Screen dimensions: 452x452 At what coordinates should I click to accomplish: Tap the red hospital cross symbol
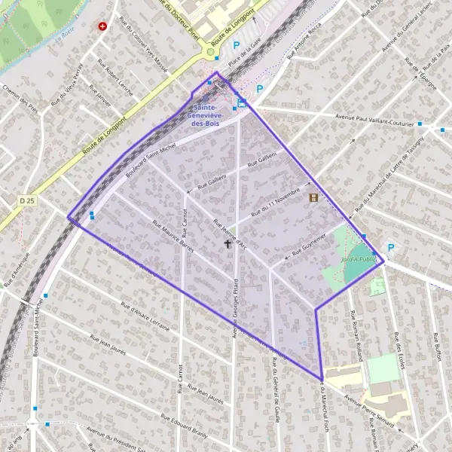click(x=102, y=26)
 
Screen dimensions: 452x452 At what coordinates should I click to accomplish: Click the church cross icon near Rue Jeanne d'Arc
click(x=228, y=244)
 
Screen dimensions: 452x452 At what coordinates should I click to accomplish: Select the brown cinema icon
click(x=313, y=198)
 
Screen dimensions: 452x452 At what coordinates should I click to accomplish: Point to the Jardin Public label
click(x=357, y=259)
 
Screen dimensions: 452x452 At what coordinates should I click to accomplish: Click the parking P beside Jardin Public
click(x=390, y=247)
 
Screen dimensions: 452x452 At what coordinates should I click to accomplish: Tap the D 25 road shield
click(x=28, y=200)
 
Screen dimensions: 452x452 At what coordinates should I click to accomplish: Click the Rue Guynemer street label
click(x=309, y=243)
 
